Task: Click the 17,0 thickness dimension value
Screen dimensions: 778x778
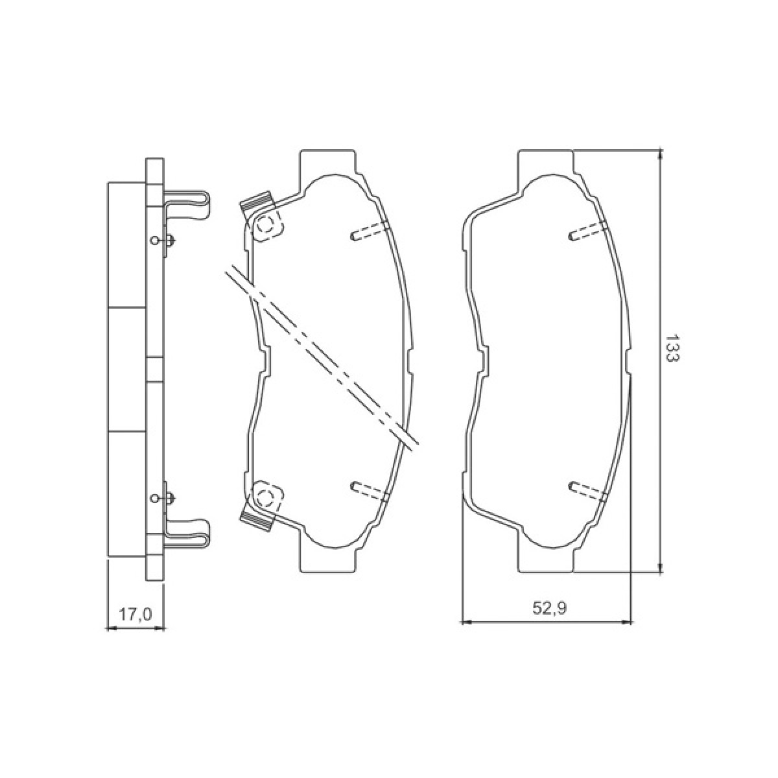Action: (x=135, y=615)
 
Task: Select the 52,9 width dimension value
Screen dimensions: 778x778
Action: (x=550, y=619)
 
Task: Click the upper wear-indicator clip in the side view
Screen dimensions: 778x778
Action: (x=187, y=205)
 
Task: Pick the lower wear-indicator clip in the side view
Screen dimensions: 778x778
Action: (x=187, y=535)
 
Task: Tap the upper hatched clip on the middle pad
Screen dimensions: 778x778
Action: (x=256, y=202)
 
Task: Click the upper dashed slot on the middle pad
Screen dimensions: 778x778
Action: (x=369, y=231)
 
